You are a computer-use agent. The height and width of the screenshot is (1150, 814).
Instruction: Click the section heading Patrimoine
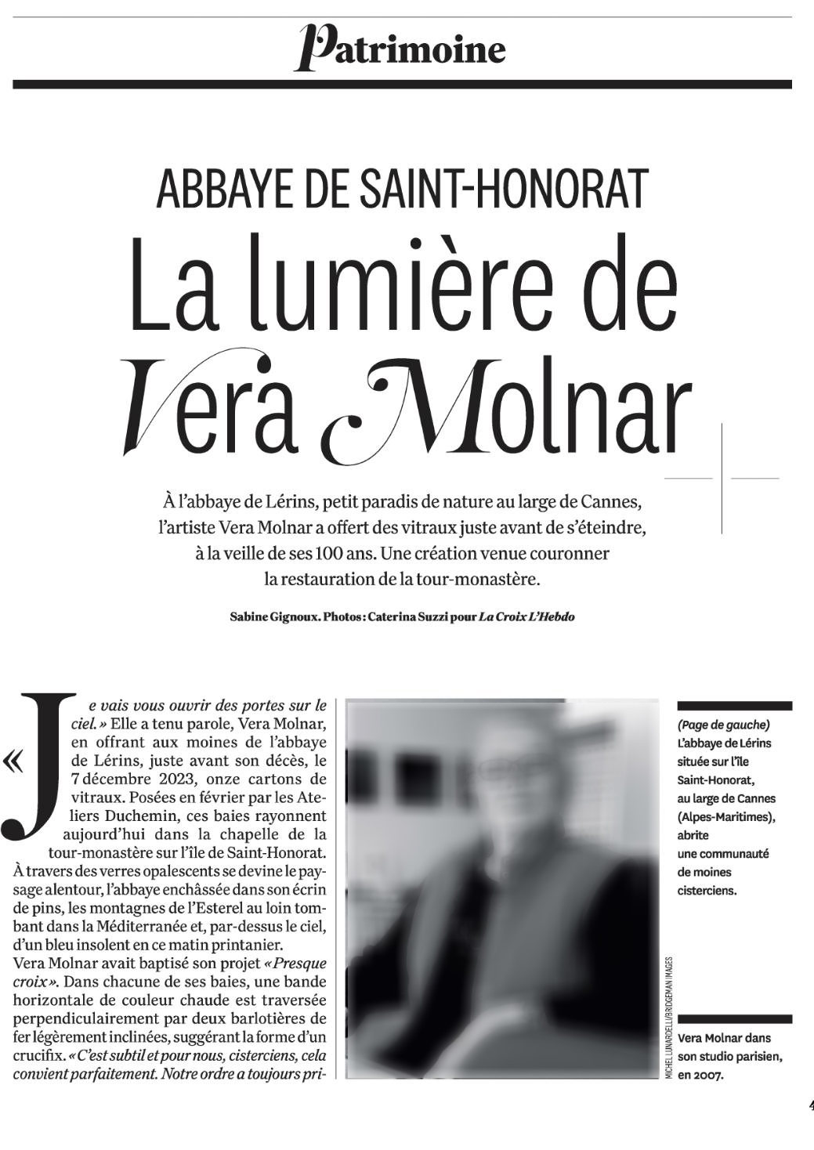pos(401,48)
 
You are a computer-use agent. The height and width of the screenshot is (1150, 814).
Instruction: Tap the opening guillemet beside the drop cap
pos(13,761)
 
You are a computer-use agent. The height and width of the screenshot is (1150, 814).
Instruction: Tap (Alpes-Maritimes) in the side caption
pos(725,817)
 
